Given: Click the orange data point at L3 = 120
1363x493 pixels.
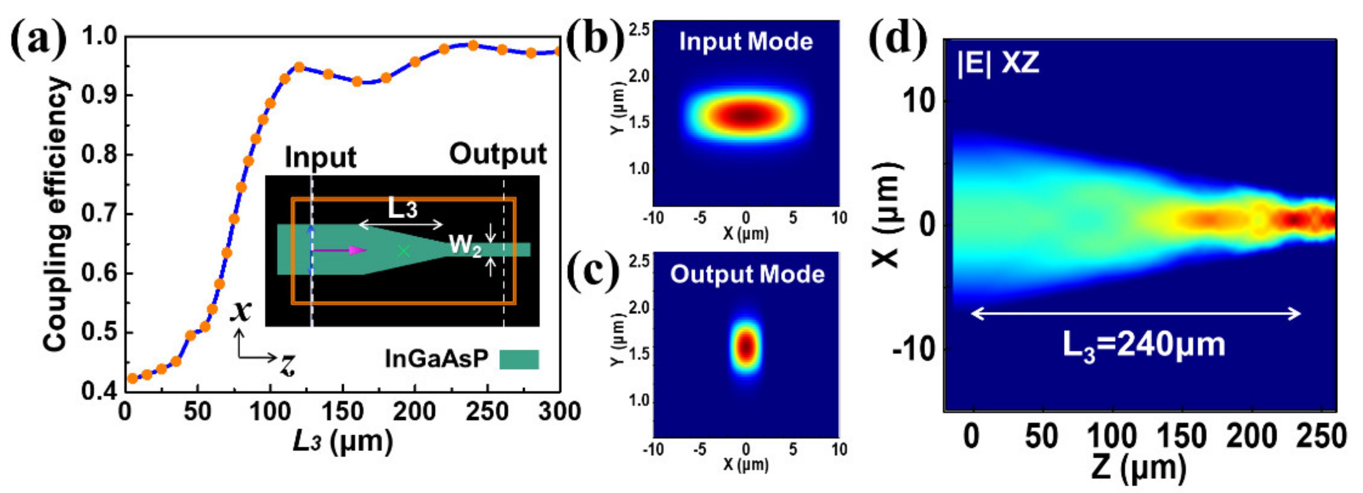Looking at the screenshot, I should click(x=300, y=67).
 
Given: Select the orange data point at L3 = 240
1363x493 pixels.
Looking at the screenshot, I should click(x=473, y=46).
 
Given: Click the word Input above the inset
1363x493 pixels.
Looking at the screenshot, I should click(x=321, y=157).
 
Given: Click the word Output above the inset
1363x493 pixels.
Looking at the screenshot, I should click(x=497, y=154).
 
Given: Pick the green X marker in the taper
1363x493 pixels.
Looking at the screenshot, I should click(x=404, y=251).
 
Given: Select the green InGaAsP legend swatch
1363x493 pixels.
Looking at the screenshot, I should click(x=519, y=359).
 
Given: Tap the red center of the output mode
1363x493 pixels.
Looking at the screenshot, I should click(x=746, y=347).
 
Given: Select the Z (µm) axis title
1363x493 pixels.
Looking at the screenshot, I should click(x=1138, y=468).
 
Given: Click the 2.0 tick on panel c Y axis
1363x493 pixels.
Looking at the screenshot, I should click(x=639, y=308).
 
